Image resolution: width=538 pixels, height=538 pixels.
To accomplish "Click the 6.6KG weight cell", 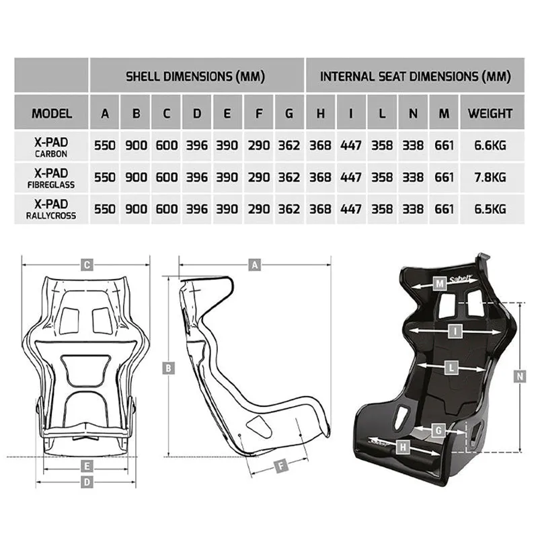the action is pyautogui.click(x=490, y=145).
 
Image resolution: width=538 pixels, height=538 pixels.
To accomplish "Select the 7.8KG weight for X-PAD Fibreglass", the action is pyautogui.click(x=490, y=178).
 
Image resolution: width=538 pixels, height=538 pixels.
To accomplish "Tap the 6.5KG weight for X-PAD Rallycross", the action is pyautogui.click(x=490, y=209).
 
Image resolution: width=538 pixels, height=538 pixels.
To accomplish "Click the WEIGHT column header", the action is pyautogui.click(x=490, y=114).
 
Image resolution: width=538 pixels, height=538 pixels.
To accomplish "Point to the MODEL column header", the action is pyautogui.click(x=52, y=114).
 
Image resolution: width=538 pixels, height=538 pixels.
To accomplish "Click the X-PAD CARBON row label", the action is pyautogui.click(x=51, y=147).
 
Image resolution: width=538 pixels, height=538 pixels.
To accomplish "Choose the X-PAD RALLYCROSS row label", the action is pyautogui.click(x=51, y=209).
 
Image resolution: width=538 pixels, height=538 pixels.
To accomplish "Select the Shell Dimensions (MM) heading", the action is pyautogui.click(x=195, y=77).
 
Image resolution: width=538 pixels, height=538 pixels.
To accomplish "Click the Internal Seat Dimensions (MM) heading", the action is pyautogui.click(x=416, y=77).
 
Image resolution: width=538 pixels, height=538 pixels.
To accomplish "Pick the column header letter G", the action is pyautogui.click(x=289, y=114).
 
